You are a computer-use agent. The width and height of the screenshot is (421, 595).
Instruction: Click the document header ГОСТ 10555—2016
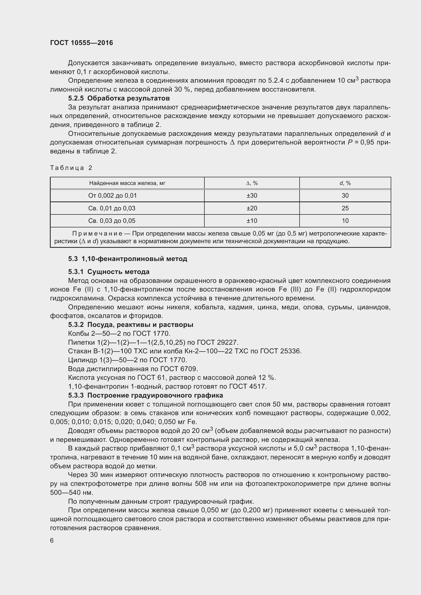pos(81,43)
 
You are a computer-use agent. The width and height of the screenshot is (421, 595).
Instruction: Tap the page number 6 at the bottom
pos(52,540)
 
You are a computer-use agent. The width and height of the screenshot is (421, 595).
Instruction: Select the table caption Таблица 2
pos(71,168)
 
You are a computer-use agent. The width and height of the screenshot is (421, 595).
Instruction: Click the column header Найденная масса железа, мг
pos(127,183)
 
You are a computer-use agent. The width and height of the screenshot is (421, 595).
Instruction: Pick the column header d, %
pos(345,183)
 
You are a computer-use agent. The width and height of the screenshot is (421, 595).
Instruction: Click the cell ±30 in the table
pos(252,196)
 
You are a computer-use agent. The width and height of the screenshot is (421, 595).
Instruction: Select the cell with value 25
pos(345,208)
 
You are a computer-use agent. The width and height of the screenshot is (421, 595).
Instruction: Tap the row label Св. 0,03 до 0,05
pos(112,221)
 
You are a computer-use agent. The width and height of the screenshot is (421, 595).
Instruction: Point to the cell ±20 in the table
pos(252,208)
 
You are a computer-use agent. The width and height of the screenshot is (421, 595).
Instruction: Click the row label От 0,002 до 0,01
pos(112,196)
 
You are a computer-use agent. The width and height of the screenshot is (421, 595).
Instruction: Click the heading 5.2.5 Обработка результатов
pos(119,98)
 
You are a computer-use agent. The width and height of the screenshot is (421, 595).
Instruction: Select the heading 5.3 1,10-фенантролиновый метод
pos(128,259)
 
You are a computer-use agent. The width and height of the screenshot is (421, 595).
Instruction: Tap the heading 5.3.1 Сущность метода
pos(109,272)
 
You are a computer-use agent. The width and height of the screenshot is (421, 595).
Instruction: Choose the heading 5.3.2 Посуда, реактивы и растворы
pos(130,325)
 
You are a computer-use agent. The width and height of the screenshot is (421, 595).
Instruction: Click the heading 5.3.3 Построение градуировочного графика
pos(145,396)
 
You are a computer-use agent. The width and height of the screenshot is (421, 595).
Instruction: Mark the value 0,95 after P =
pos(366,142)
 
